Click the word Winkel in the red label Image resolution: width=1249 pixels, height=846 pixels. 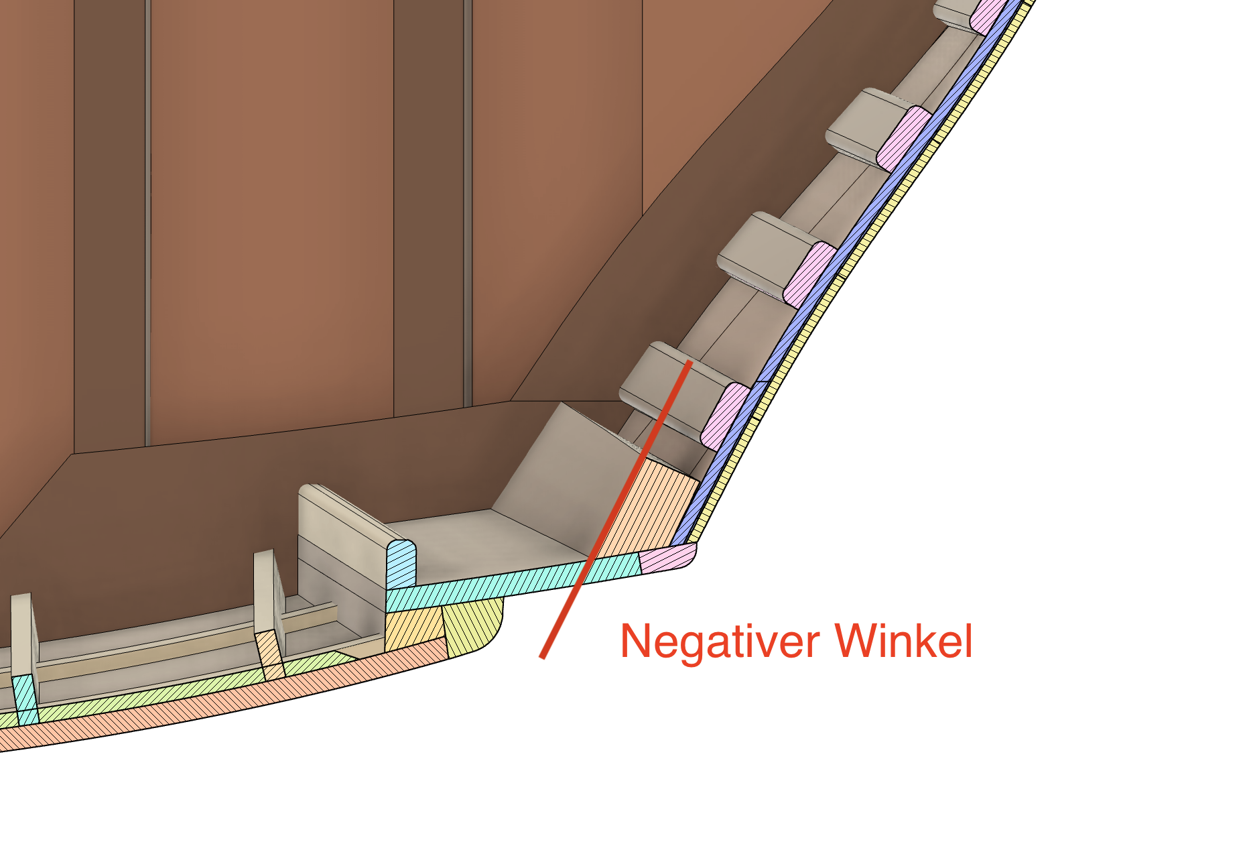coord(904,642)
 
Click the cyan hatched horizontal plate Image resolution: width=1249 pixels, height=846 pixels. coord(509,583)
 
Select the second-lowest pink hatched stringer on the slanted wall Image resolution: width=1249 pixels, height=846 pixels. coord(809,275)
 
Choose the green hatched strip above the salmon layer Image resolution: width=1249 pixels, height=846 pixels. coord(168,690)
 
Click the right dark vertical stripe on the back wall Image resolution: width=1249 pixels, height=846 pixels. coord(429,201)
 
